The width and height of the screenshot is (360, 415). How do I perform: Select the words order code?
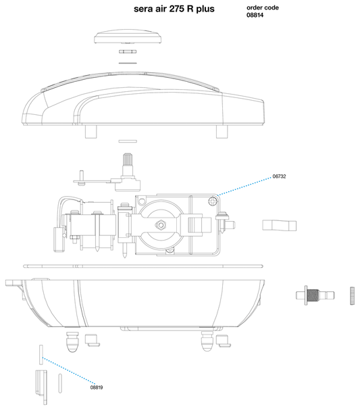click(x=262, y=7)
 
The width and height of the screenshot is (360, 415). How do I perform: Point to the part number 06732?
click(x=280, y=176)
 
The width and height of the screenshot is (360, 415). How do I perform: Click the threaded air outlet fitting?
click(x=314, y=295)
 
